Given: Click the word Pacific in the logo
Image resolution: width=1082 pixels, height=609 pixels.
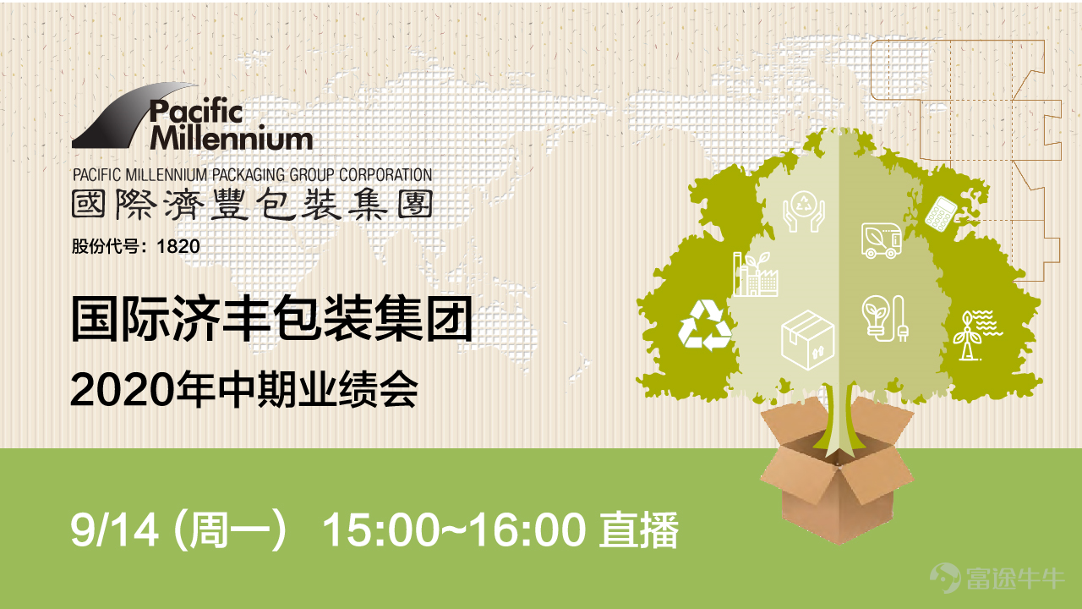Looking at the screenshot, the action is [x=195, y=112].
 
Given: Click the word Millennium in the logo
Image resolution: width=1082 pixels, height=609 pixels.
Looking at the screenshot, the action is [x=232, y=138].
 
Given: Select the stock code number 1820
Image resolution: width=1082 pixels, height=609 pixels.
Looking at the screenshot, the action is [x=178, y=246].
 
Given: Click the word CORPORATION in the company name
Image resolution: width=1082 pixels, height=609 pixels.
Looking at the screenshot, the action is [x=385, y=174].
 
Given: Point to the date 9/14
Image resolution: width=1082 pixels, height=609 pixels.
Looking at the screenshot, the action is [x=114, y=529].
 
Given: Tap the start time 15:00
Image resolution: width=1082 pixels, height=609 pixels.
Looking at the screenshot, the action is [x=381, y=530].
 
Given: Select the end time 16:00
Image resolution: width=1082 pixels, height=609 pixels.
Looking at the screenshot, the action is [x=528, y=530].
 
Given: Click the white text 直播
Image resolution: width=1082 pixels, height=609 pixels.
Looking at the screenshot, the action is [x=639, y=530].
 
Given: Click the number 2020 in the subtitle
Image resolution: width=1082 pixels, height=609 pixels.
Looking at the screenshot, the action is [x=123, y=391].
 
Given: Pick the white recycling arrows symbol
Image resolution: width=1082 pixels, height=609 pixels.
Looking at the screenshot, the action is [x=705, y=325].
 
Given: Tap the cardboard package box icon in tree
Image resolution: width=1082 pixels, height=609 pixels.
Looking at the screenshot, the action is [x=807, y=340].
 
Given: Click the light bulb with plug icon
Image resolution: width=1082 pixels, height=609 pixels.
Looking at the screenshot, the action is [x=885, y=319].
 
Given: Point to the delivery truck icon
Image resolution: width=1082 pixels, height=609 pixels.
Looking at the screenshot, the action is [x=882, y=239].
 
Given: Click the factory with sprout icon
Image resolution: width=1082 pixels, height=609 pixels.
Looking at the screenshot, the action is [x=755, y=274].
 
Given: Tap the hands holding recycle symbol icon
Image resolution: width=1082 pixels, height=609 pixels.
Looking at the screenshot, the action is [x=804, y=211].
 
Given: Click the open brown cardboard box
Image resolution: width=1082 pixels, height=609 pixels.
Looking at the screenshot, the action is [x=837, y=476].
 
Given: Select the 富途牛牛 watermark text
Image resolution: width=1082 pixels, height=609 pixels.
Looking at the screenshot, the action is [x=1015, y=579].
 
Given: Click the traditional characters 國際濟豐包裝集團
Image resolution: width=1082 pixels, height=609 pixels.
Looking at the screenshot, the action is [x=252, y=205].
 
